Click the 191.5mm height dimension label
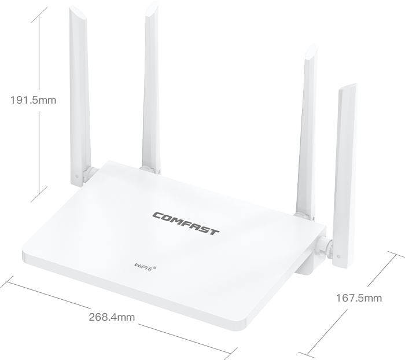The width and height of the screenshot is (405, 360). point(33,100)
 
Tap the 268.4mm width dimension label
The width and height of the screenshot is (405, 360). point(112,317)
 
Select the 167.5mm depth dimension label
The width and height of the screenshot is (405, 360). point(359,298)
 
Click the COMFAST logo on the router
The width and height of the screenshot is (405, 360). point(186,223)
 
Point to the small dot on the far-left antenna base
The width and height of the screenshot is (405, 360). point(76,177)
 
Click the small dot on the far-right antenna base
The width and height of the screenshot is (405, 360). point(338,256)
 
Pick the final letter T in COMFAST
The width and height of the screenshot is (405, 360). point(213,232)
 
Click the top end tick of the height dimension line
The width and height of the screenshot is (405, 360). point(39,15)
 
